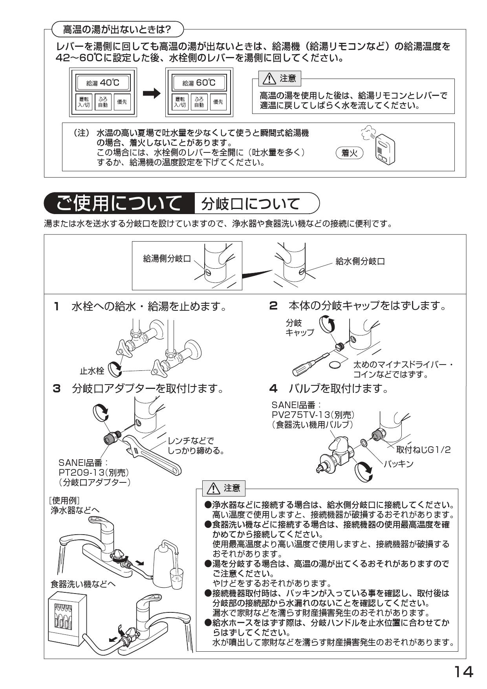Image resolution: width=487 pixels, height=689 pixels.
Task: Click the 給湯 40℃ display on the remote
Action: [x=103, y=83]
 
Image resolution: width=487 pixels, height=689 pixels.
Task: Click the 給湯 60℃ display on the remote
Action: [x=200, y=83]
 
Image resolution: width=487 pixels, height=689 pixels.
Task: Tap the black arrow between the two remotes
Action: [x=152, y=93]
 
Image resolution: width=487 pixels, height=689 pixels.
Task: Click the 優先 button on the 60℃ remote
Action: [x=218, y=102]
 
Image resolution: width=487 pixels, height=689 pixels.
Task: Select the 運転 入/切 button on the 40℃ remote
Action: [x=84, y=102]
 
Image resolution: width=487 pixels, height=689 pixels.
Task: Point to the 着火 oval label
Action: [x=350, y=153]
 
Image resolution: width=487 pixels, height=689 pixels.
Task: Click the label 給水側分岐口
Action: [x=360, y=262]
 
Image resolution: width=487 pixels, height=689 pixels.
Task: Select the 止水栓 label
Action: [x=92, y=370]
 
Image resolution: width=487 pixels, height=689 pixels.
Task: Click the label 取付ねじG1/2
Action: [x=423, y=450]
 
